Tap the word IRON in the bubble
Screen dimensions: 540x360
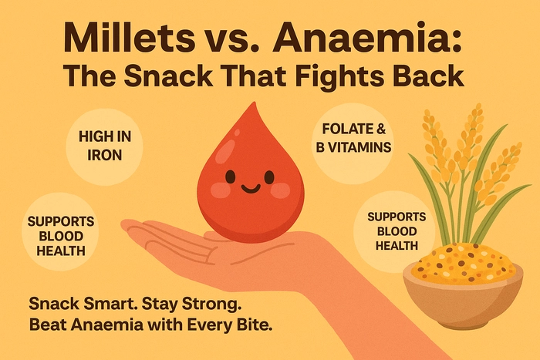coord(105,155)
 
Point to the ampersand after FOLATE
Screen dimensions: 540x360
coord(381,129)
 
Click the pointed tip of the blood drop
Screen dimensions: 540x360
coord(254,103)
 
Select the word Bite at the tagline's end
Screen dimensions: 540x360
coord(256,325)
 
